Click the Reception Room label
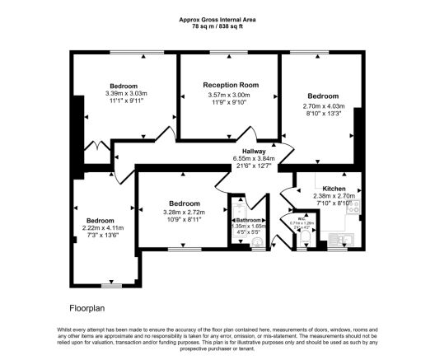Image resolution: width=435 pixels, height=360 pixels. pos(232,85)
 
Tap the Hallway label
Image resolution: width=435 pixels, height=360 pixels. pos(253,152)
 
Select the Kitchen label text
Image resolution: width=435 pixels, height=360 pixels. pos(334,189)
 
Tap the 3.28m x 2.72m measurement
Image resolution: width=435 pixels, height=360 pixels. pos(180,212)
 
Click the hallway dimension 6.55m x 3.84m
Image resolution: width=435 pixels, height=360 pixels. pos(253,159)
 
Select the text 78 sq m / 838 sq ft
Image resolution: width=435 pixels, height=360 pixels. pos(217,26)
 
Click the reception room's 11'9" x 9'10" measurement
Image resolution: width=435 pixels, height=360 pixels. pos(232,101)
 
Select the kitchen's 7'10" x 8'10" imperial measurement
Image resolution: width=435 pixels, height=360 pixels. pos(334,203)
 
